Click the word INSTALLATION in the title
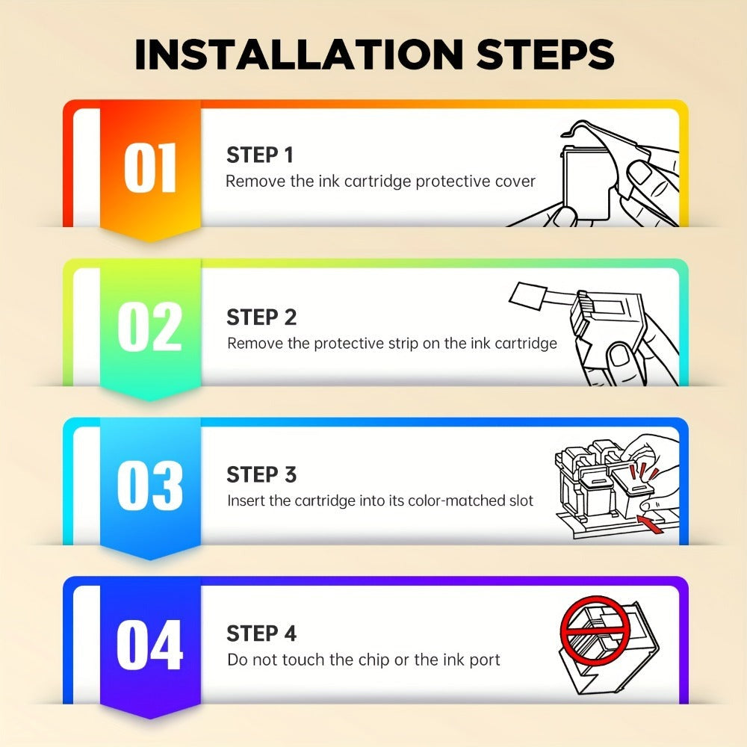[x=300, y=54]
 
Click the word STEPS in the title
[x=545, y=54]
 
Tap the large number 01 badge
[x=150, y=168]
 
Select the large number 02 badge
[x=150, y=327]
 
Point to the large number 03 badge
[x=150, y=486]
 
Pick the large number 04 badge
[x=150, y=645]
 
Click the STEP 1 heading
[x=260, y=155]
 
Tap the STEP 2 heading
[x=261, y=317]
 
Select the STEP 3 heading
[x=261, y=474]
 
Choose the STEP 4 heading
[x=261, y=633]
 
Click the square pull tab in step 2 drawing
[x=528, y=297]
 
